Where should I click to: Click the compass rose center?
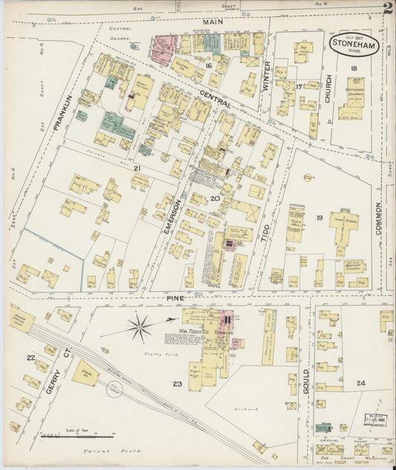tap(140, 326)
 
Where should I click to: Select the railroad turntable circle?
tap(113, 387)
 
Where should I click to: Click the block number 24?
tap(360, 383)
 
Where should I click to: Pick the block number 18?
tap(354, 68)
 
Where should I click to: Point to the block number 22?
tap(30, 358)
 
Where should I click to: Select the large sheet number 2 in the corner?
tap(388, 9)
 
